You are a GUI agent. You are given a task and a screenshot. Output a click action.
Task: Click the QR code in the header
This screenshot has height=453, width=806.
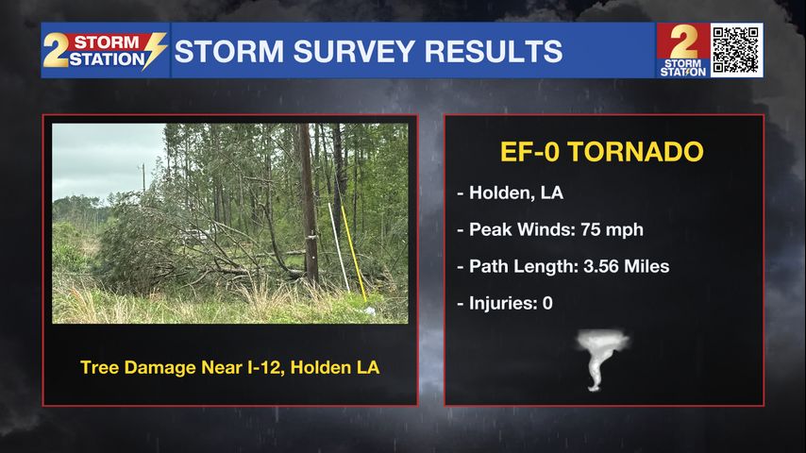[x=736, y=50]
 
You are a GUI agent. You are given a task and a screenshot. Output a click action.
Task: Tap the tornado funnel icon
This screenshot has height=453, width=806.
[x=601, y=360]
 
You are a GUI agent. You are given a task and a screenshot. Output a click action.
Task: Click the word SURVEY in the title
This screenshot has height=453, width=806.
[x=354, y=51]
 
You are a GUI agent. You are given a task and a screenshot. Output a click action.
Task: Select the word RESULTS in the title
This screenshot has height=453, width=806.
[x=494, y=51]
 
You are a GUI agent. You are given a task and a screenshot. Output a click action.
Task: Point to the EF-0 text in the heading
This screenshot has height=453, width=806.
[x=530, y=152]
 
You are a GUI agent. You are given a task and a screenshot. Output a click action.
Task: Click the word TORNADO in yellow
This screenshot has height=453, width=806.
[x=635, y=152]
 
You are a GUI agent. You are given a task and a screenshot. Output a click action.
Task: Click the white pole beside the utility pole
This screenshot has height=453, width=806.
[x=339, y=247]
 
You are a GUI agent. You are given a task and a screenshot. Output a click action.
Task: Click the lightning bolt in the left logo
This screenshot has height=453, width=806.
[x=155, y=50]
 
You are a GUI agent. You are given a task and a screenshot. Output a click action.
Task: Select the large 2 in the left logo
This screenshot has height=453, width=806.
[x=56, y=50]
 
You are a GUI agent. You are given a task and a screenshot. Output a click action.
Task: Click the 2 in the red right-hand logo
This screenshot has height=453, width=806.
[x=683, y=42]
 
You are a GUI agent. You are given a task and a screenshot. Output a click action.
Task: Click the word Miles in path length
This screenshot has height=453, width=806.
[x=646, y=266]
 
